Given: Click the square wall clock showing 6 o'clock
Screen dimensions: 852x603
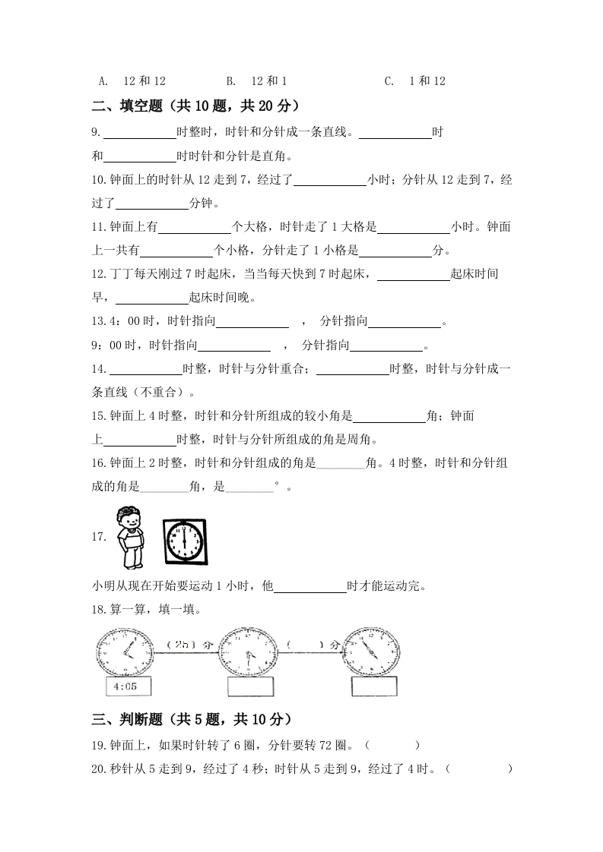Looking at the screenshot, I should pos(185,541).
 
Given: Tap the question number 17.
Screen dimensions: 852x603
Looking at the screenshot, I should pos(98,538).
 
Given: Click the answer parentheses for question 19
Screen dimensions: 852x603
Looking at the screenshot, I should pos(392,746).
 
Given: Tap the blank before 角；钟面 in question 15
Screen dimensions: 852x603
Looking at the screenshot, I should pos(389,417).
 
